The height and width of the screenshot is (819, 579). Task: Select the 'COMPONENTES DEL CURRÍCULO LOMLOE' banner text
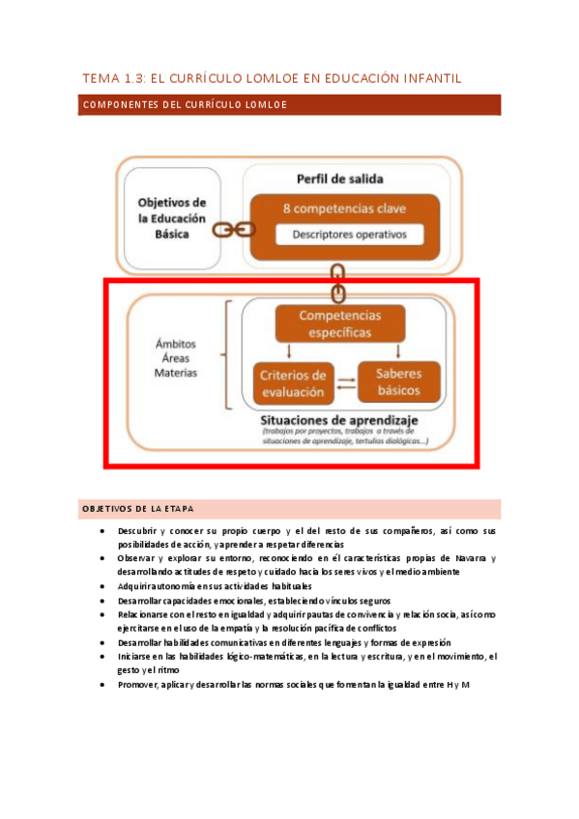pyautogui.click(x=185, y=104)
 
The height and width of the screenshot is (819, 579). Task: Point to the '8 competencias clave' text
pyautogui.click(x=344, y=209)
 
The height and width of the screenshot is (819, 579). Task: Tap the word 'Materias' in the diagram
pyautogui.click(x=176, y=372)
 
